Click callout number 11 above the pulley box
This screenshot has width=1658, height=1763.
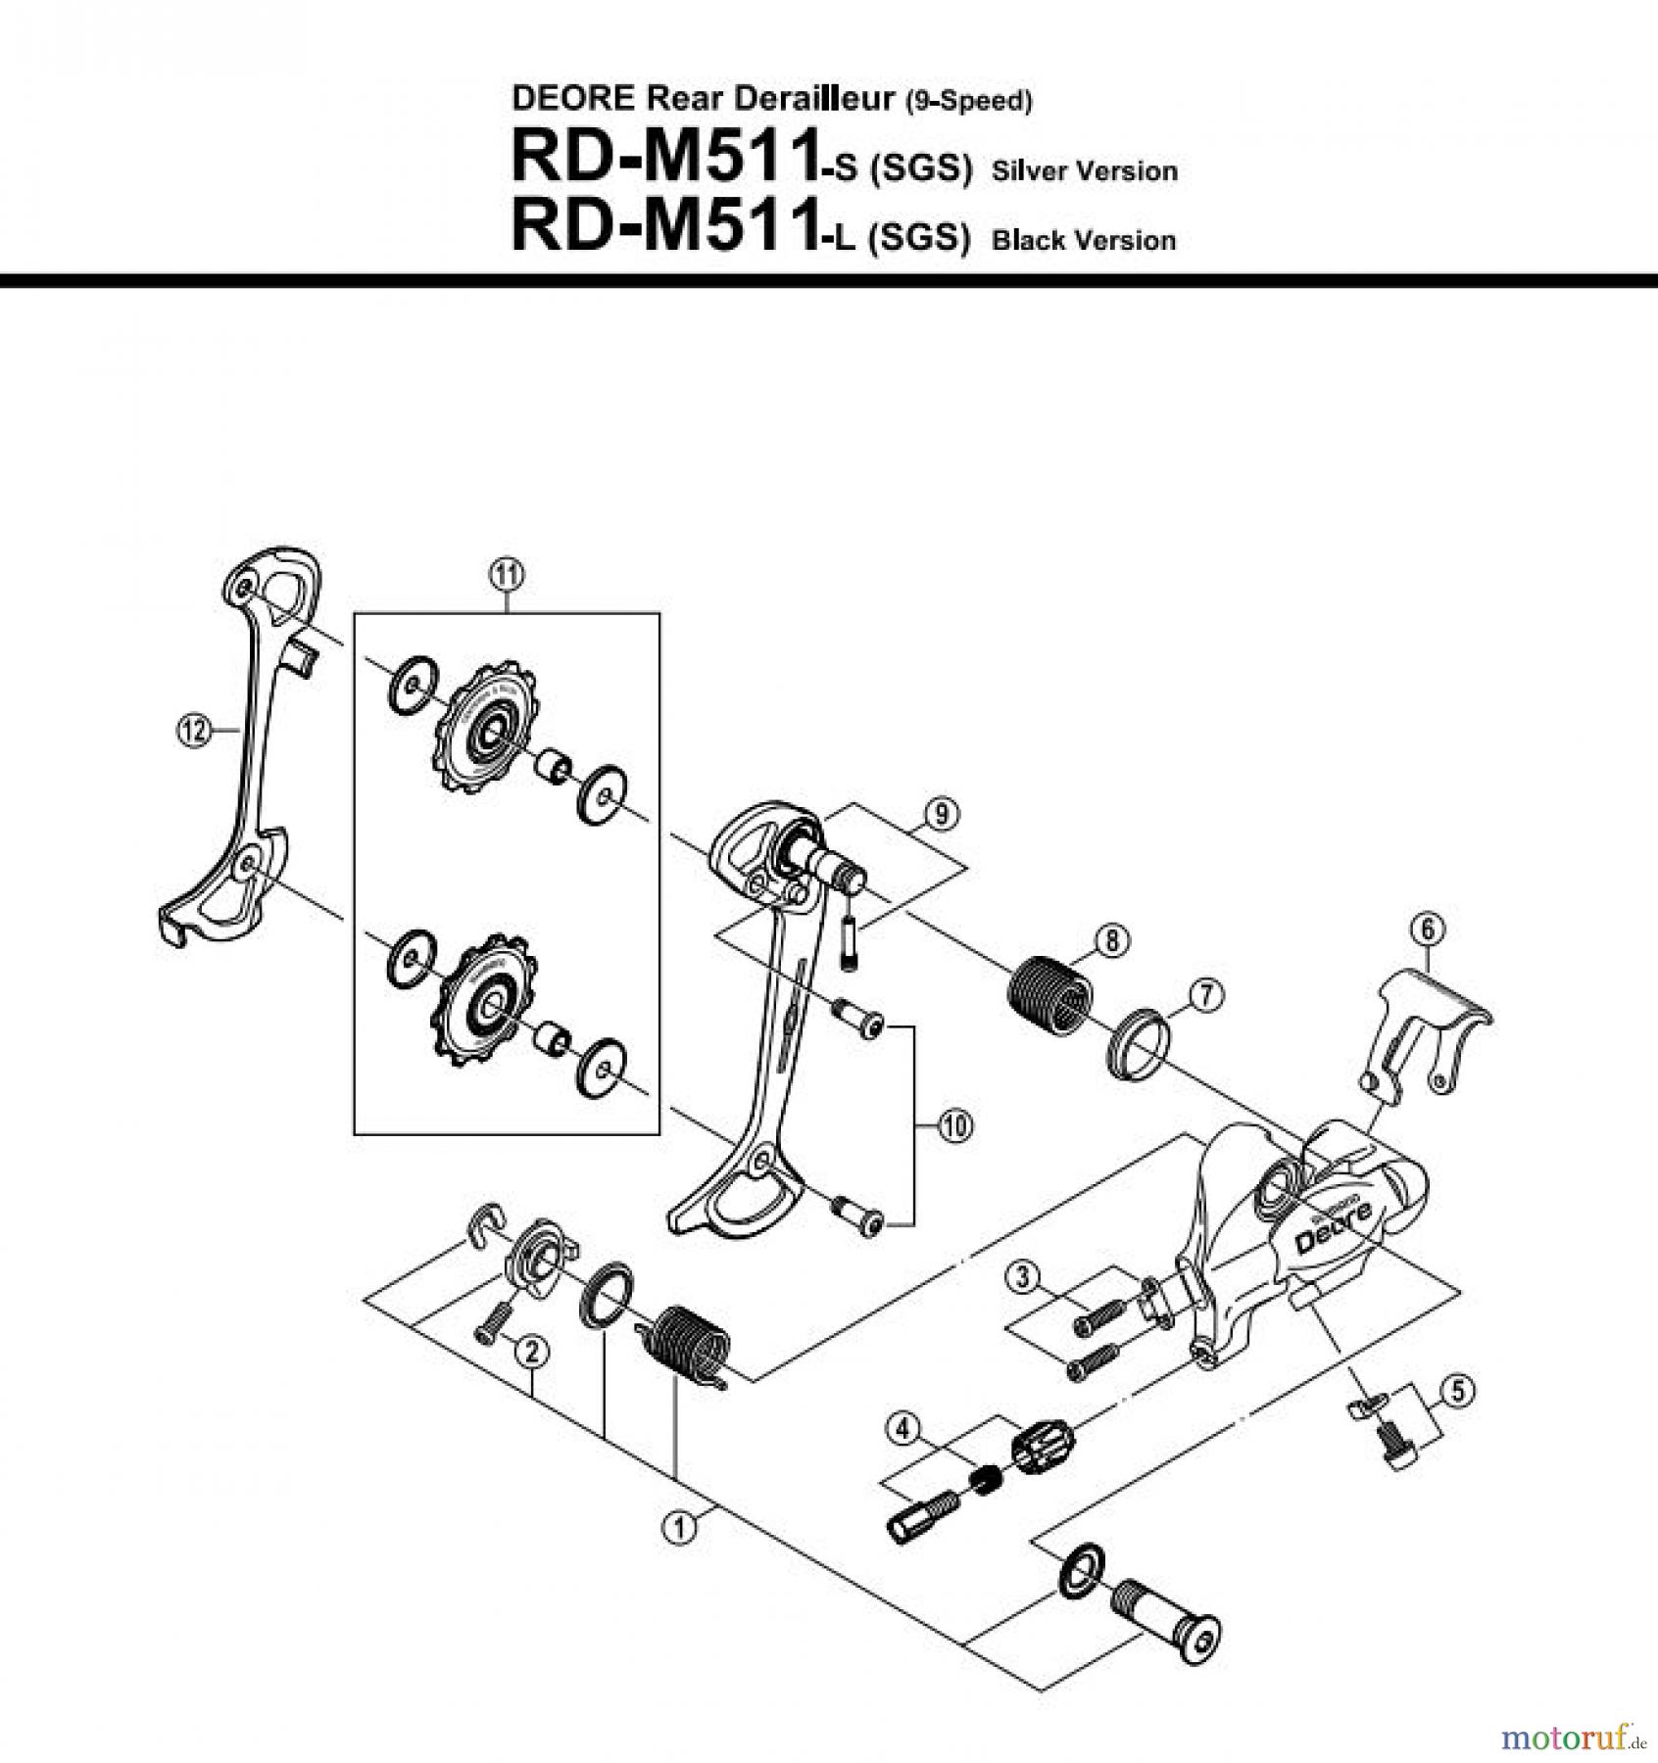pyautogui.click(x=506, y=576)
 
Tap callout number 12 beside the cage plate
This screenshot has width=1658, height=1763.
pyautogui.click(x=193, y=730)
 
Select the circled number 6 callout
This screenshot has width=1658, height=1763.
pyautogui.click(x=1427, y=929)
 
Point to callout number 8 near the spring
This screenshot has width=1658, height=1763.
pyautogui.click(x=1111, y=940)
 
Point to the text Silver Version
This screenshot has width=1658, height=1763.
pyautogui.click(x=1084, y=171)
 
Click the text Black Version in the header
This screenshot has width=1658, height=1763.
pyautogui.click(x=1084, y=240)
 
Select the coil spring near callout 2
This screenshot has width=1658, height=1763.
pyautogui.click(x=689, y=1341)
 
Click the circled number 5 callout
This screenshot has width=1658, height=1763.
pyautogui.click(x=1457, y=1390)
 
